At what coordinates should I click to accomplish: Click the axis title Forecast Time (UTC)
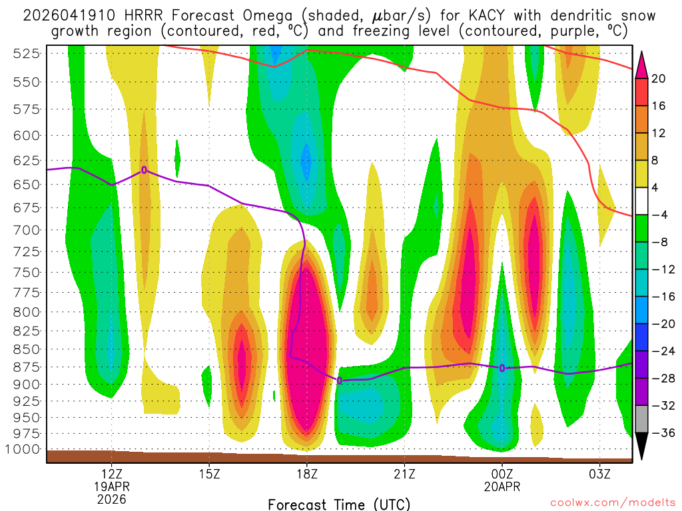pyautogui.click(x=339, y=504)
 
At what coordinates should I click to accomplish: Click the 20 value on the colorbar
pyautogui.click(x=658, y=79)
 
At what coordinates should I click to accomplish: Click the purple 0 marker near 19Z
pyautogui.click(x=340, y=381)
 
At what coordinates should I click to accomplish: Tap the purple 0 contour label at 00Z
pyautogui.click(x=502, y=368)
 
